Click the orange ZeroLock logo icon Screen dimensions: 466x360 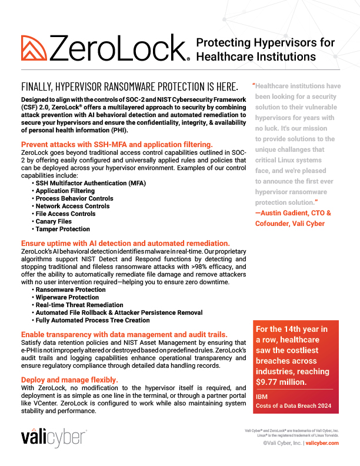coord(34,48)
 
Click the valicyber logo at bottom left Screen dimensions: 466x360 coord(54,438)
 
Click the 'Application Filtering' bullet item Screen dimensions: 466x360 coord(65,191)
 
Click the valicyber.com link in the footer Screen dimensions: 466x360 coord(322,444)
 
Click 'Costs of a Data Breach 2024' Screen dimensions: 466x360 coord(293,407)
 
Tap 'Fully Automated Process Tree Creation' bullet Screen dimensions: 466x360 coord(93,320)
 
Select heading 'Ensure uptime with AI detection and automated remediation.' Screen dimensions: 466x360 coord(125,243)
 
